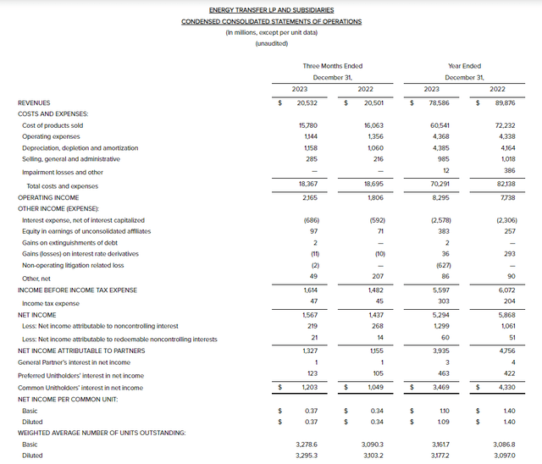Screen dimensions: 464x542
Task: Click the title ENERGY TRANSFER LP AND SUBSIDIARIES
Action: (271, 9)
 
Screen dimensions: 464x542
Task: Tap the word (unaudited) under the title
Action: (271, 42)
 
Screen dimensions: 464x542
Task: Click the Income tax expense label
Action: (51, 303)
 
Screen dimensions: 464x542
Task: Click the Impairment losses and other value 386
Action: (498, 171)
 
